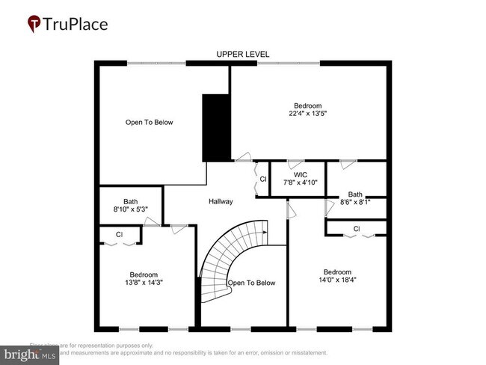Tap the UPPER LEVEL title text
pyautogui.click(x=243, y=55)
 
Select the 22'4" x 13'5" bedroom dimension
pyautogui.click(x=308, y=114)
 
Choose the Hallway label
pyautogui.click(x=221, y=201)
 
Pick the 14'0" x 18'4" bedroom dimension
pyautogui.click(x=337, y=280)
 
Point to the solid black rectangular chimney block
pyautogui.click(x=217, y=127)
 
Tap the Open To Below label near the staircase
pyautogui.click(x=252, y=283)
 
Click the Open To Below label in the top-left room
pyautogui.click(x=150, y=122)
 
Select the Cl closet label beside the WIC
pyautogui.click(x=262, y=180)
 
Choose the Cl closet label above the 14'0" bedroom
pyautogui.click(x=357, y=228)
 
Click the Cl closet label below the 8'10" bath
pyautogui.click(x=119, y=235)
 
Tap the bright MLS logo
pyautogui.click(x=30, y=353)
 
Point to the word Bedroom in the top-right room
pyautogui.click(x=308, y=105)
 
